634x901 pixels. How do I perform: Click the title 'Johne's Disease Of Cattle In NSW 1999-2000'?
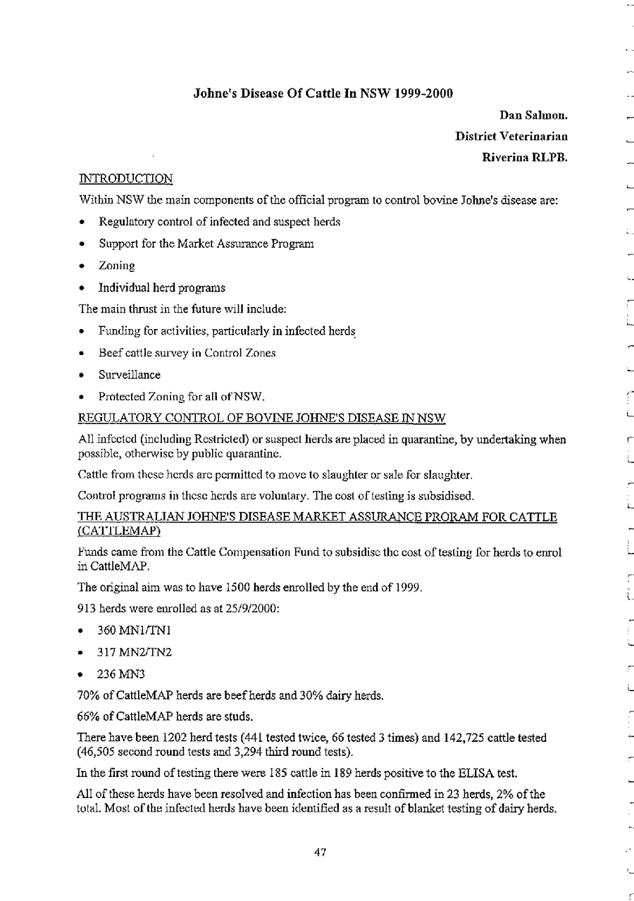323,93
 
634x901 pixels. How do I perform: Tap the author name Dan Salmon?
534,115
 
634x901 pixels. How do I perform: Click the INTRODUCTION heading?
126,180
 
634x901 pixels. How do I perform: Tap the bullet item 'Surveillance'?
130,375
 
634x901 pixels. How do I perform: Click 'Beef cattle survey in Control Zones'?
187,353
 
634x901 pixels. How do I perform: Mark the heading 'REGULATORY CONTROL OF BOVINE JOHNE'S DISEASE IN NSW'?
263,419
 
